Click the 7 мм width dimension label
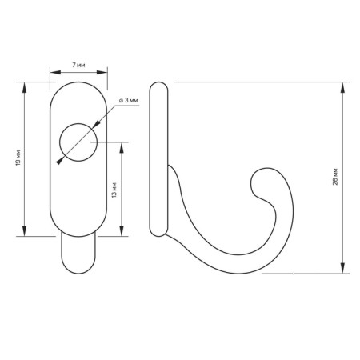tap(78, 65)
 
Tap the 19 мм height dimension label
tap(18, 158)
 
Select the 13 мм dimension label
tap(114, 190)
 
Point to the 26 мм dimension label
tap(335, 177)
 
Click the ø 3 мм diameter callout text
tap(129, 100)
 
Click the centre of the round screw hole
tap(78, 142)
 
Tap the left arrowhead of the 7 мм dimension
tap(55, 72)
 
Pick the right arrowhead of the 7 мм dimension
tap(102, 72)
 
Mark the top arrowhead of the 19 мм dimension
tap(24, 87)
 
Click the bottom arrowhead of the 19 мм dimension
tap(24, 231)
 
